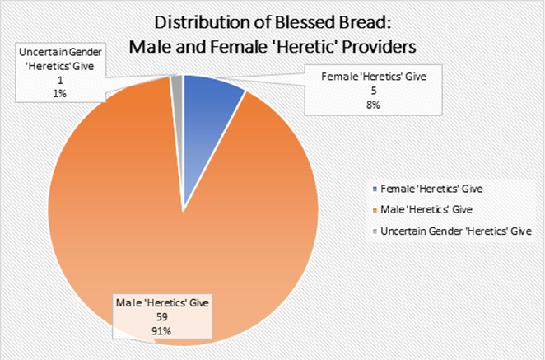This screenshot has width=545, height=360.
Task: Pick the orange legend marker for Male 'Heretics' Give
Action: [375, 212]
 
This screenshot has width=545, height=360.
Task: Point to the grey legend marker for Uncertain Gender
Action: [375, 232]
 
